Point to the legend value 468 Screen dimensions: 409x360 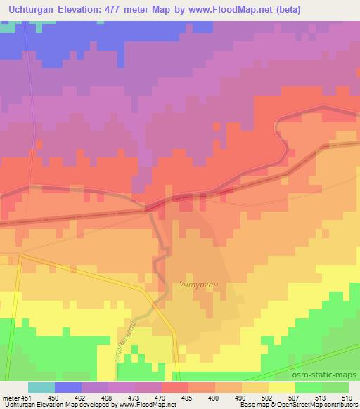click(108, 397)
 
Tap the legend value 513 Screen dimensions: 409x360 click(321, 397)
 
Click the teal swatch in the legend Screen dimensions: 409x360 click(41, 387)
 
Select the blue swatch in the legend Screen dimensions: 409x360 click(68, 387)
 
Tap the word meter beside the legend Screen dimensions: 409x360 click(10, 397)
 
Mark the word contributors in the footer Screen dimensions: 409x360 click(338, 405)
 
